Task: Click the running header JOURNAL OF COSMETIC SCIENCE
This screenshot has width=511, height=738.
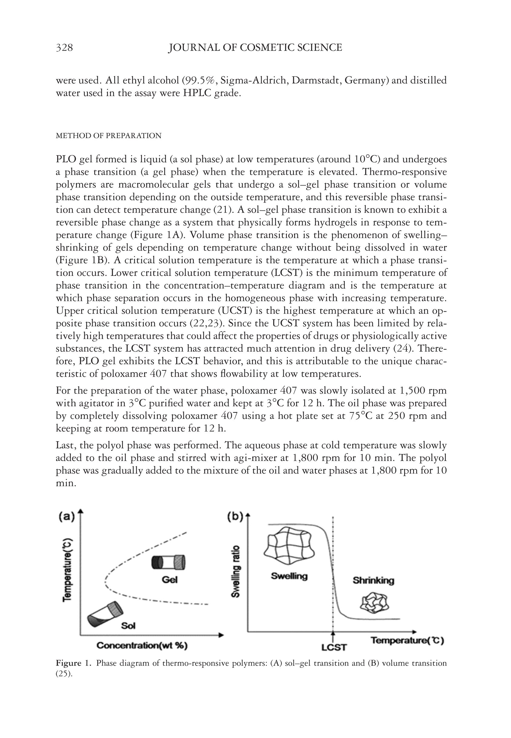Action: [255, 48]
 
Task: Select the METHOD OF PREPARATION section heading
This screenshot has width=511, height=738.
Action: [108, 136]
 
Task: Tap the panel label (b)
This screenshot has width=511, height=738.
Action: [235, 517]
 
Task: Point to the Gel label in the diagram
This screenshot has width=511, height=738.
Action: [169, 580]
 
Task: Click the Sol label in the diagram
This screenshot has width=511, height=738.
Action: [128, 626]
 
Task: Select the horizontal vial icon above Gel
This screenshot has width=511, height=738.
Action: [168, 562]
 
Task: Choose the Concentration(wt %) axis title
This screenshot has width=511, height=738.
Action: [142, 646]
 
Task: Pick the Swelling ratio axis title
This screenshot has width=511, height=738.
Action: [236, 571]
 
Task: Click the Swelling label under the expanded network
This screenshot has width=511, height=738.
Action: [289, 576]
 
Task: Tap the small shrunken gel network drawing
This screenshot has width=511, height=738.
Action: [374, 603]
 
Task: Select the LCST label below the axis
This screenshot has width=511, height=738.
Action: [334, 647]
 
